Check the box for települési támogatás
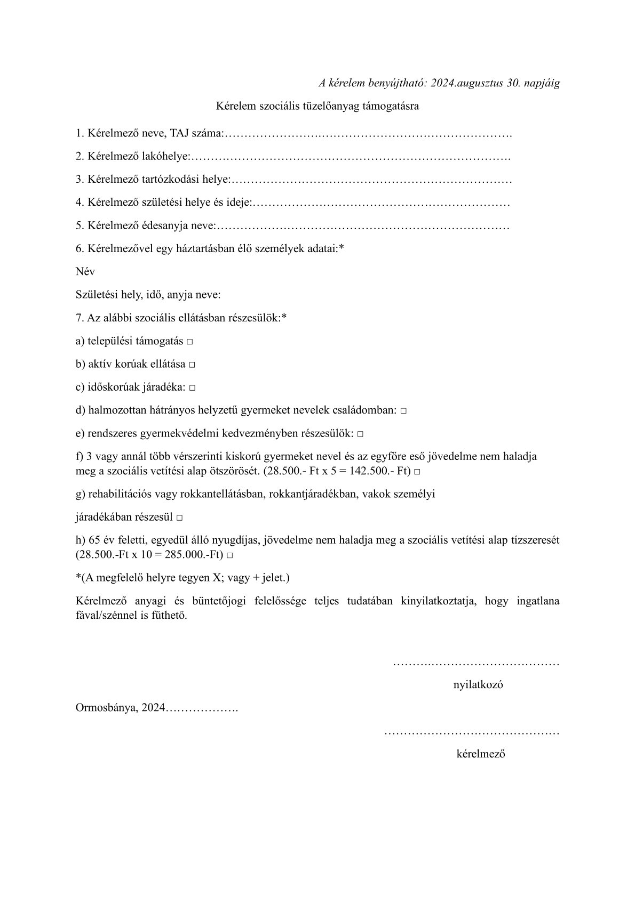coord(190,342)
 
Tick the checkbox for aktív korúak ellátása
coord(192,365)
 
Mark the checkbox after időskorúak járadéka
coord(192,388)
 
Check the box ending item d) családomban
coord(403,411)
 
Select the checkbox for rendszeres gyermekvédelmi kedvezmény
coord(360,434)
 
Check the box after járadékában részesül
coord(179,518)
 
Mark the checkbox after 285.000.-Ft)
coord(229,555)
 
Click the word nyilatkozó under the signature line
coord(478,685)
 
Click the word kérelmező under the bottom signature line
coord(481,754)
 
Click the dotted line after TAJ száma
coord(368,134)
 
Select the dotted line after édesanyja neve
coord(363,227)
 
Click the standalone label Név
coord(85,271)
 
